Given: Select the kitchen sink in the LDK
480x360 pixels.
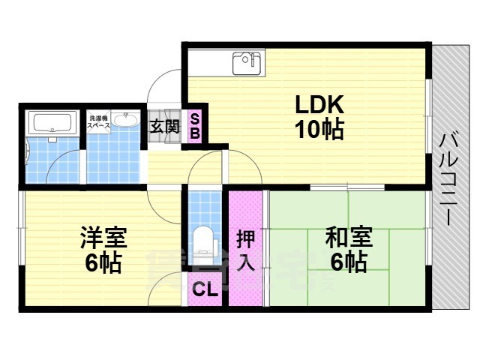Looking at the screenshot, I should click(247, 63).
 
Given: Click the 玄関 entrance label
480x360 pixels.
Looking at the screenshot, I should click(165, 126).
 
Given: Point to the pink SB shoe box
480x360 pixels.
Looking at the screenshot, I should click(194, 127).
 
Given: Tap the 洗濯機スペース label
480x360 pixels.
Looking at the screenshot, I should click(99, 121).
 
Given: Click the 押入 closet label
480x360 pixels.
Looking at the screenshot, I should click(245, 250).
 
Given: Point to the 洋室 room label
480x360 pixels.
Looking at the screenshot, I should click(103, 238).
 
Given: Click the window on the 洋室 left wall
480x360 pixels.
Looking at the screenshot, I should click(21, 247).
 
